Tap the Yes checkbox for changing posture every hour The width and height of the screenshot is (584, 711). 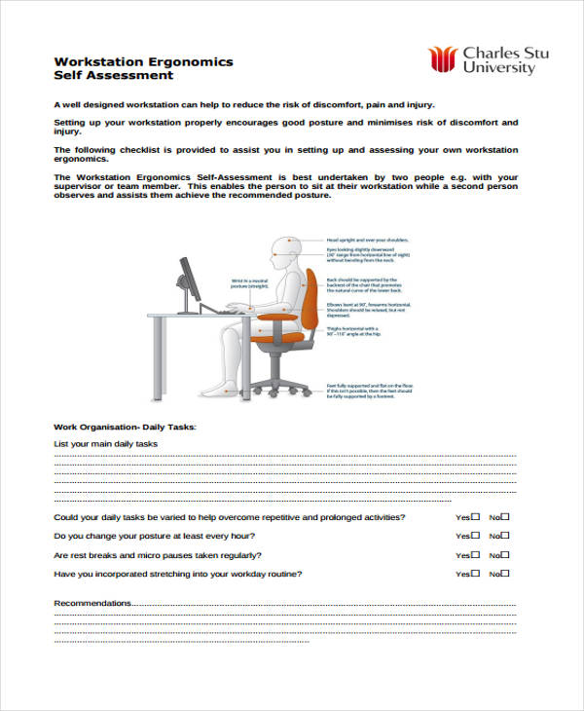(x=475, y=535)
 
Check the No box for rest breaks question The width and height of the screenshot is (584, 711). (x=504, y=554)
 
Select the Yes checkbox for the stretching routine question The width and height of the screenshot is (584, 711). (x=475, y=574)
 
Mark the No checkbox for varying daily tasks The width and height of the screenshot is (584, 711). (x=504, y=516)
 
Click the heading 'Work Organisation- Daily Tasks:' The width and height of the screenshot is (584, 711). (x=125, y=427)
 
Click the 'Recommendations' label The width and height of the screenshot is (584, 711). (x=91, y=603)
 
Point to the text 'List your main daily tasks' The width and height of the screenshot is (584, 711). (x=105, y=444)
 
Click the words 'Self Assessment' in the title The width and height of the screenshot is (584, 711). (x=114, y=75)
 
